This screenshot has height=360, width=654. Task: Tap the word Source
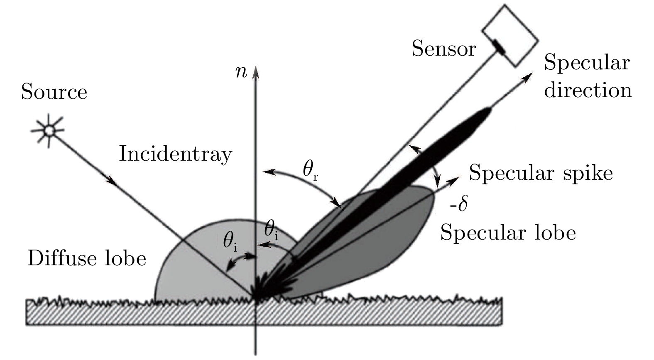54,92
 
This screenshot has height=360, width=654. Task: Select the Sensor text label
443,49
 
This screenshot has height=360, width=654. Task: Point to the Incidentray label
175,154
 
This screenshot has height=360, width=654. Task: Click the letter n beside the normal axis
241,72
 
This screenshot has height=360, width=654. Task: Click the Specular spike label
541,173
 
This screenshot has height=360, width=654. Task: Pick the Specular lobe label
508,233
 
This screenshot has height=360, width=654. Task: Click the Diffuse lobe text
87,258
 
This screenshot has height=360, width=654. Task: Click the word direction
588,90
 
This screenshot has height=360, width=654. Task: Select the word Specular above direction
587,64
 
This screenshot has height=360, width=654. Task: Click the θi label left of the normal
230,241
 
